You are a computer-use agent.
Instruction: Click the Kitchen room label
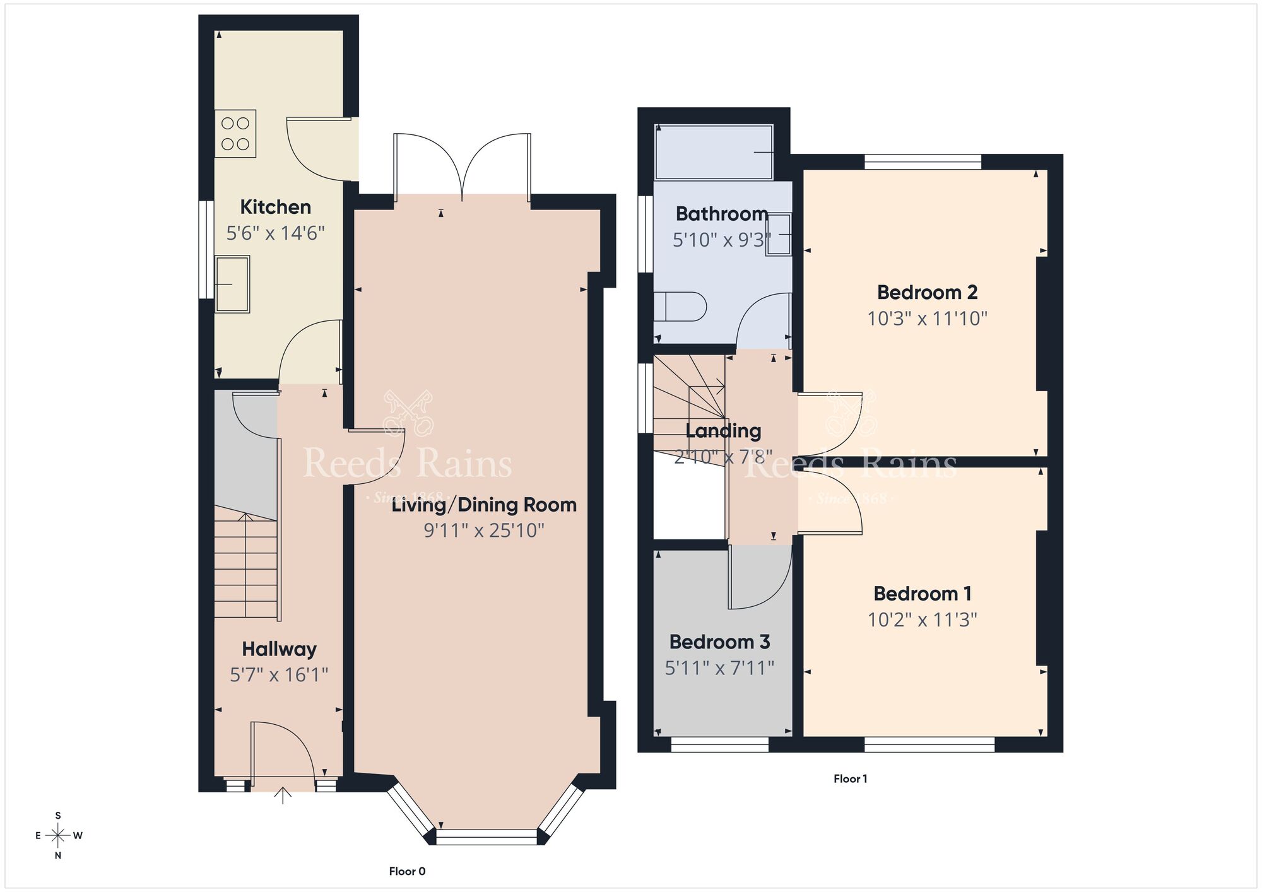(x=275, y=207)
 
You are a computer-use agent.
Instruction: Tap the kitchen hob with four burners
(x=235, y=134)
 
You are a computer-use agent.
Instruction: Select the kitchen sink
(x=232, y=284)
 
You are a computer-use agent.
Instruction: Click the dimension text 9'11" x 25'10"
(x=484, y=530)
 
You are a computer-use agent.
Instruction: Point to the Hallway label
(x=279, y=648)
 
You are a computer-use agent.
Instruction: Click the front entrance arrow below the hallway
(x=283, y=796)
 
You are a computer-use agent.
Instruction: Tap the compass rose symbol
(x=58, y=836)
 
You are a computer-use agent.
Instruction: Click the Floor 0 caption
(x=407, y=871)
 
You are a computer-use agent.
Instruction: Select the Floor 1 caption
(x=850, y=778)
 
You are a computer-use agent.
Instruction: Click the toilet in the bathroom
(x=680, y=307)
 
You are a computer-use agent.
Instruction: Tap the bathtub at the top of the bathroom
(x=714, y=153)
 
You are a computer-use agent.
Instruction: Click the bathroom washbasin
(x=779, y=235)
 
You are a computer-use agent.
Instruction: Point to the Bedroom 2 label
(x=927, y=292)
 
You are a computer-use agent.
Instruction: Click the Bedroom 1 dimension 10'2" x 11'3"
(x=922, y=619)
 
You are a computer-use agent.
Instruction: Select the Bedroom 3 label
(x=719, y=642)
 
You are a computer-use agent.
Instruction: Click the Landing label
(x=723, y=431)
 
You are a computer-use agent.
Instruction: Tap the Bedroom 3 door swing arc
(x=767, y=587)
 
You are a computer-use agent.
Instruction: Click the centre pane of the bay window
(x=486, y=837)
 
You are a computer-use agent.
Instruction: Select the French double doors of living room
(x=462, y=165)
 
